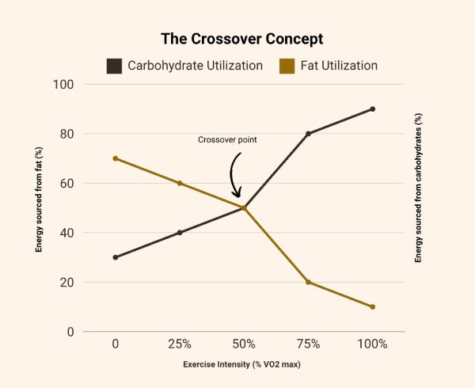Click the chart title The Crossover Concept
(241, 38)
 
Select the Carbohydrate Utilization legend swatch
(114, 66)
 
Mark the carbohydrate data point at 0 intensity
(116, 257)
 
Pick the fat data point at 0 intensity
(116, 158)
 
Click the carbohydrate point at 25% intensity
(180, 233)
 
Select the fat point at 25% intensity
(180, 183)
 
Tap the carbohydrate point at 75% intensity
(308, 134)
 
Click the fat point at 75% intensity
(308, 282)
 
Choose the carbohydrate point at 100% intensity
(372, 109)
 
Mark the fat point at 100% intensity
(372, 307)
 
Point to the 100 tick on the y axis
(63, 85)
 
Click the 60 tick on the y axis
(66, 184)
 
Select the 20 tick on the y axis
(66, 283)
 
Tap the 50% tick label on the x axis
(244, 344)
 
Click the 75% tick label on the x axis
(308, 344)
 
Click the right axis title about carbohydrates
(419, 188)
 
